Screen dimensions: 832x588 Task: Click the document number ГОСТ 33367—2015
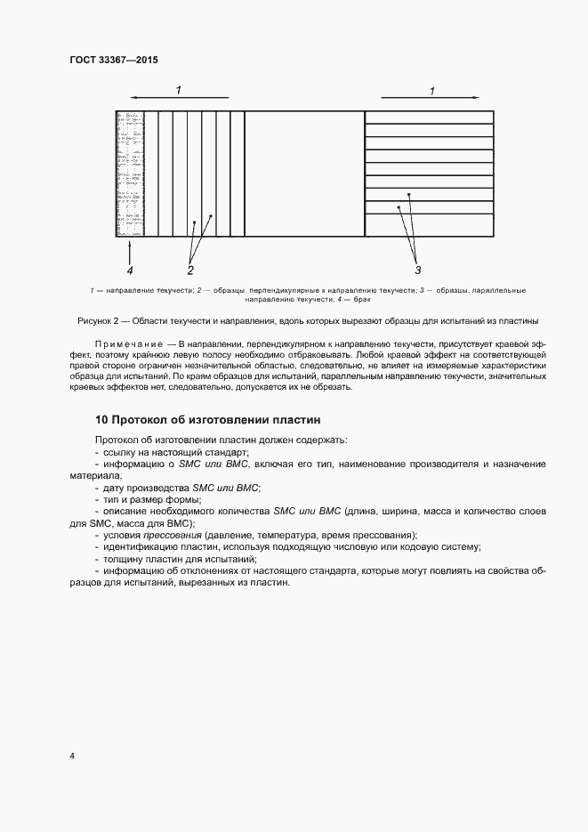pos(113,61)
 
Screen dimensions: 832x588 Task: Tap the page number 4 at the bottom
pos(72,756)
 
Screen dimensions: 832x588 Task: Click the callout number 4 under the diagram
pos(130,269)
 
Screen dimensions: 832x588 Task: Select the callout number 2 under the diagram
pos(189,269)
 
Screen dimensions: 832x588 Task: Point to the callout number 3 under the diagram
pos(417,269)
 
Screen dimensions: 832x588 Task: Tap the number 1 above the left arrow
pos(178,90)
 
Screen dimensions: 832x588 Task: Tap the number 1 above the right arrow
pos(432,90)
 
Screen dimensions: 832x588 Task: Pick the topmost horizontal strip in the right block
pos(430,117)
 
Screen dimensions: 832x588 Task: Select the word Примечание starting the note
pos(131,343)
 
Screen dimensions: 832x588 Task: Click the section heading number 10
pos(101,418)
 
